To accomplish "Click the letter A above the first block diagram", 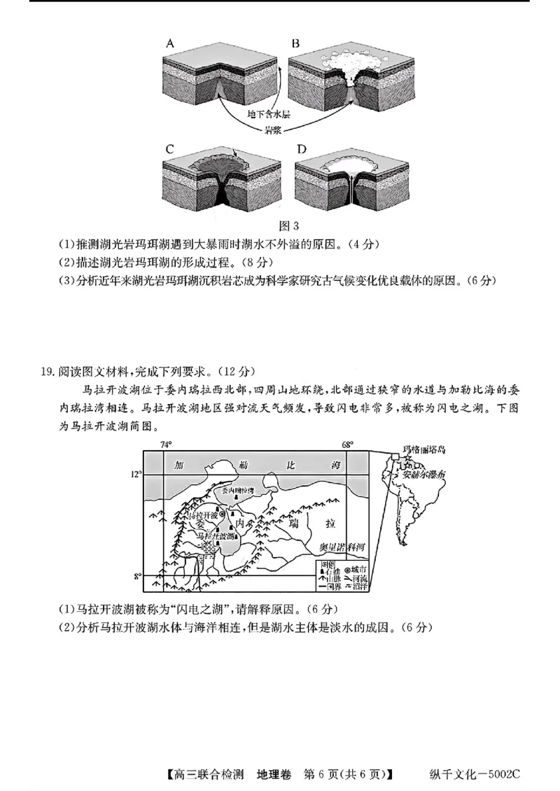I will click(169, 43).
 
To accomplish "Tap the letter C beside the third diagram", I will click(169, 148).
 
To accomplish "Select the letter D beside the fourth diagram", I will click(302, 148).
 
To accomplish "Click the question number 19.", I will click(48, 370).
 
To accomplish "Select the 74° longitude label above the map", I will click(166, 444).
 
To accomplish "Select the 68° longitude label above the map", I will click(347, 444).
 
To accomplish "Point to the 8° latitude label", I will click(137, 576).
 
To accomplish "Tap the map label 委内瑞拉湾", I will click(236, 491).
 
